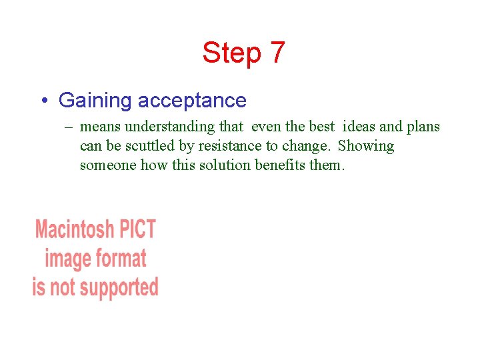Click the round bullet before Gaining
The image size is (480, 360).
tap(43, 101)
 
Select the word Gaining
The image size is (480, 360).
tap(95, 101)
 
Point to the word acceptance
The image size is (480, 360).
tap(192, 101)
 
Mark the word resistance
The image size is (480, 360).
tap(231, 146)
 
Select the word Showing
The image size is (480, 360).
tap(366, 146)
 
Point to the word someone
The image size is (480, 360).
tap(108, 165)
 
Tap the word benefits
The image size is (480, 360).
tap(281, 165)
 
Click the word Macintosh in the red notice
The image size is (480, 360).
tap(75, 229)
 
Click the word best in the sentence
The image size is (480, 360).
tap(321, 127)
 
